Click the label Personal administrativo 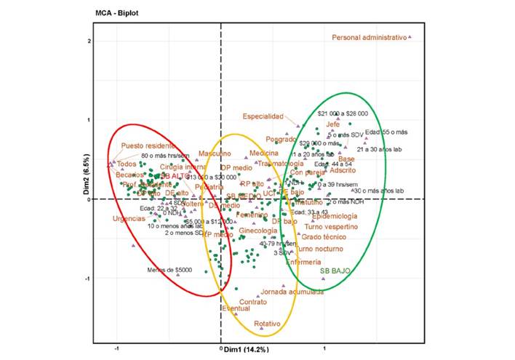tap(367, 37)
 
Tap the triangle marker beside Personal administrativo tap(410, 37)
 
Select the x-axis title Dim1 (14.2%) tap(247, 350)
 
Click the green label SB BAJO tap(335, 271)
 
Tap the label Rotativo tap(268, 323)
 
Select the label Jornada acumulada tap(292, 291)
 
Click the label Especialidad tap(263, 116)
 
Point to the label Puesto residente tap(148, 145)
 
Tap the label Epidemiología tap(335, 217)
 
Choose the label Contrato tap(252, 301)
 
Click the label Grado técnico tap(326, 238)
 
